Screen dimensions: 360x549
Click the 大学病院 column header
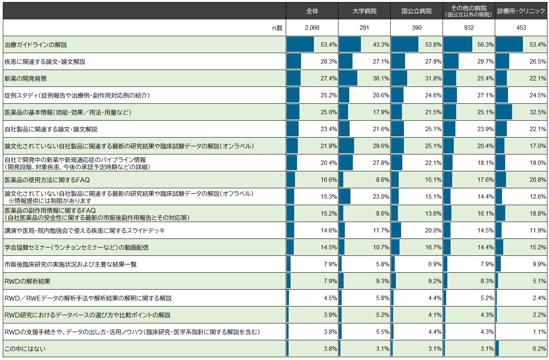point(364,11)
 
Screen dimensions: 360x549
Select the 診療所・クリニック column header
point(521,11)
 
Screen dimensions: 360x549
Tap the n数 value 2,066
point(312,28)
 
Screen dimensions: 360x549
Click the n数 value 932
point(469,28)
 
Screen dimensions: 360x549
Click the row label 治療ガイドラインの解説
point(35,45)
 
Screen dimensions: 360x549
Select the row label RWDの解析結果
point(27,281)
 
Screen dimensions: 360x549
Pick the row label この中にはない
point(25,348)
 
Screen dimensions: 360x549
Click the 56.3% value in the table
point(485,45)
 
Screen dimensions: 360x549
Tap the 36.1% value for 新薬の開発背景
point(381,78)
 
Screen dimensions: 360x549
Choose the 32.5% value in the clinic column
point(538,112)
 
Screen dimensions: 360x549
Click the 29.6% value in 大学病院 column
point(381,146)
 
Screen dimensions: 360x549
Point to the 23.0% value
point(381,196)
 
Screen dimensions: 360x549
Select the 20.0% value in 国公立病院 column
point(433,230)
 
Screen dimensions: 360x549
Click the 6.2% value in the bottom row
point(539,348)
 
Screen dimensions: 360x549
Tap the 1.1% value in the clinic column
point(539,331)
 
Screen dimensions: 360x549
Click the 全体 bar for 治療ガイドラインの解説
point(300,44)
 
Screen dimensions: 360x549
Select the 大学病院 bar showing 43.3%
point(350,44)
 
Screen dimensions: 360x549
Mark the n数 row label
point(277,28)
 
